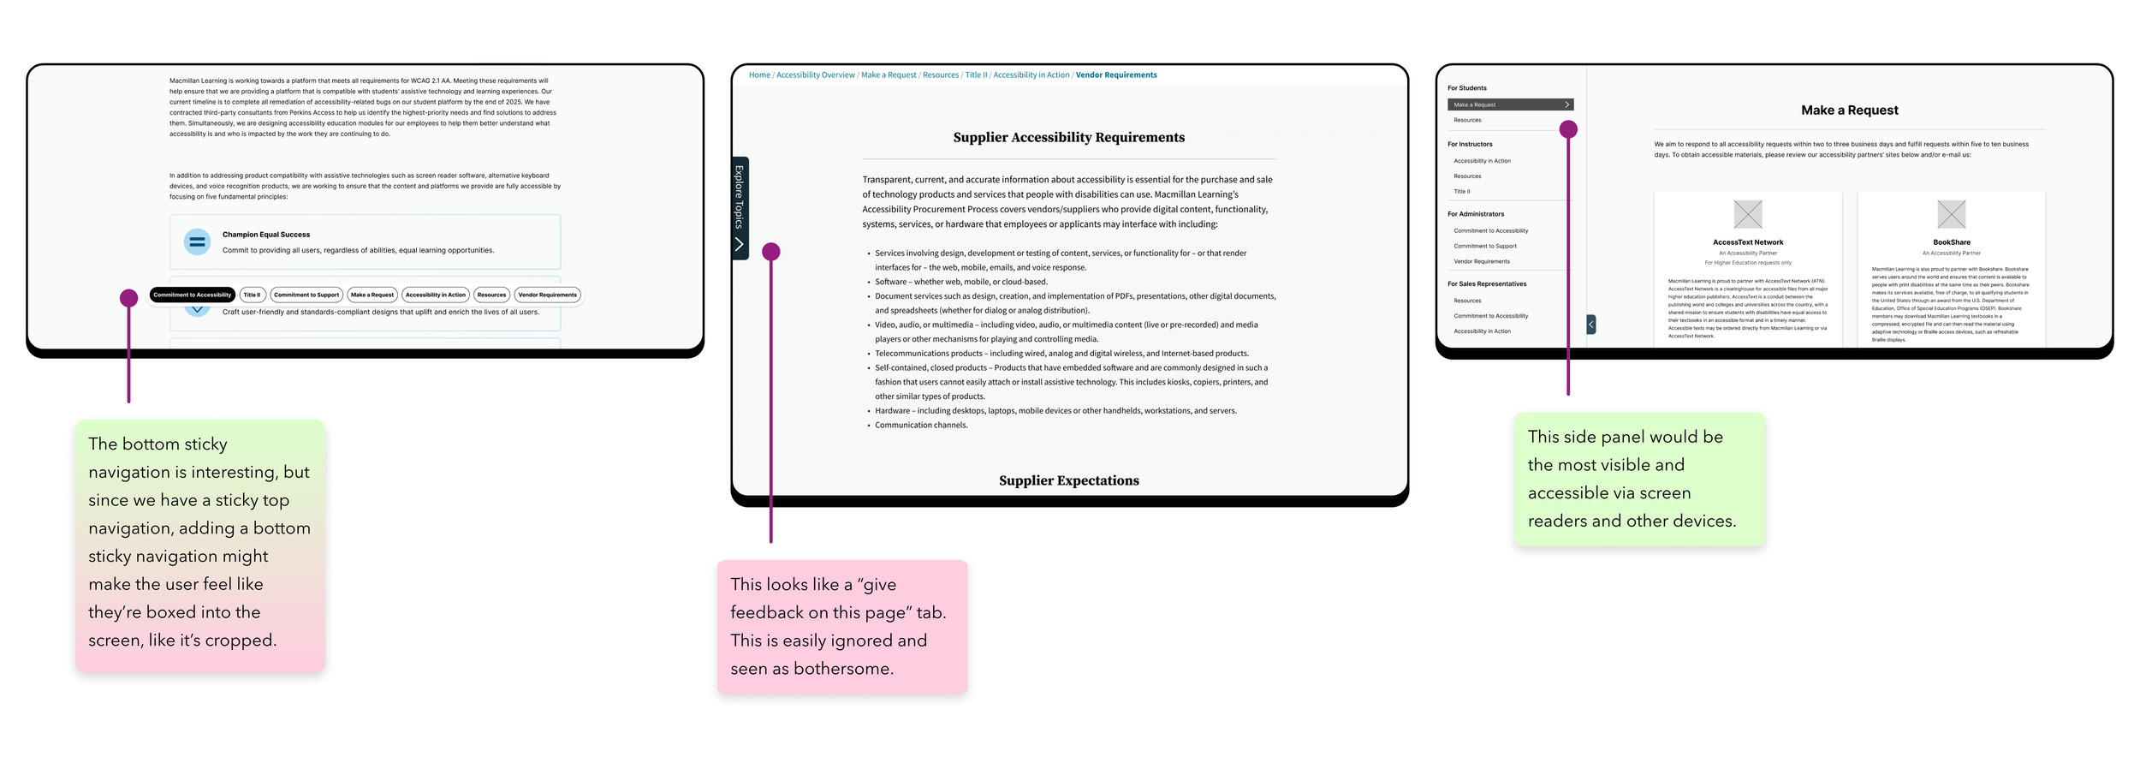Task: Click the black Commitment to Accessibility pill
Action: pos(192,295)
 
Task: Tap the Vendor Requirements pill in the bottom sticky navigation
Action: pos(547,295)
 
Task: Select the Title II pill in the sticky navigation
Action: pos(252,295)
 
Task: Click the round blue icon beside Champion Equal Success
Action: pos(197,241)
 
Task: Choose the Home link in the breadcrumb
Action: pos(759,75)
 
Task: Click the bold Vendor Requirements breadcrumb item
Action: pos(1115,75)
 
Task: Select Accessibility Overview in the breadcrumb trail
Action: pos(815,75)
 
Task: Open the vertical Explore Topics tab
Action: pos(740,208)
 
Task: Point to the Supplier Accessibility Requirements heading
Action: pos(1068,138)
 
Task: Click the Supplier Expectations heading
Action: pos(1068,480)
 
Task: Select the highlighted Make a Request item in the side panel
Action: pos(1510,104)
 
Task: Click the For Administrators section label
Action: pos(1476,214)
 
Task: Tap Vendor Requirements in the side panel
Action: pos(1482,261)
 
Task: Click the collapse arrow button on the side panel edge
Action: pos(1590,324)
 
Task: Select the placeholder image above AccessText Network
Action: pos(1747,214)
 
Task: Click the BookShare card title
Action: pos(1951,242)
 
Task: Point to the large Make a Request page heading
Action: pos(1849,110)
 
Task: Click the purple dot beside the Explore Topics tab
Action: pos(770,252)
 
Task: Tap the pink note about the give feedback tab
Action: pos(842,626)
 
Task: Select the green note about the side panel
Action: pos(1638,479)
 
